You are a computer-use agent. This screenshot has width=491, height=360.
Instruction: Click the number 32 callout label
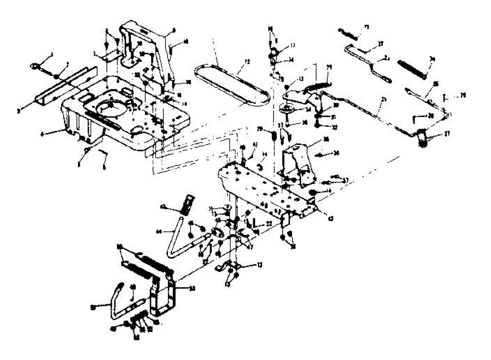click(x=336, y=127)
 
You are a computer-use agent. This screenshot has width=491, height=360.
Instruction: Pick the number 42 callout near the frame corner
click(x=330, y=219)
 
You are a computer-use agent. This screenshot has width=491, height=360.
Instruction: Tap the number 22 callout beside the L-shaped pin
click(x=269, y=223)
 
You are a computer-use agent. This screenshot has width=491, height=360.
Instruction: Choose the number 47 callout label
click(x=251, y=248)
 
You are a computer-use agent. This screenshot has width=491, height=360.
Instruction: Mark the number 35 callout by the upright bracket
click(x=326, y=139)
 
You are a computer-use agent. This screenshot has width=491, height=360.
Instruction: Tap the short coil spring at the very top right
click(x=348, y=33)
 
